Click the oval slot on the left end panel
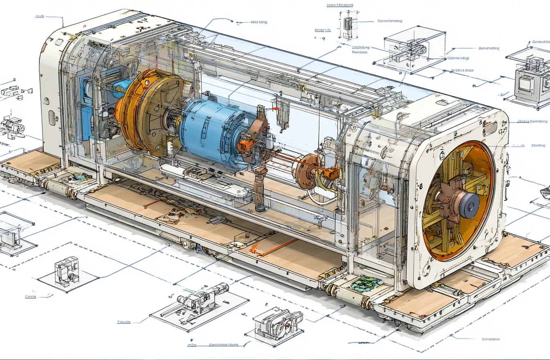point(52,118)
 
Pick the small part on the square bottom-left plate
point(67,270)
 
